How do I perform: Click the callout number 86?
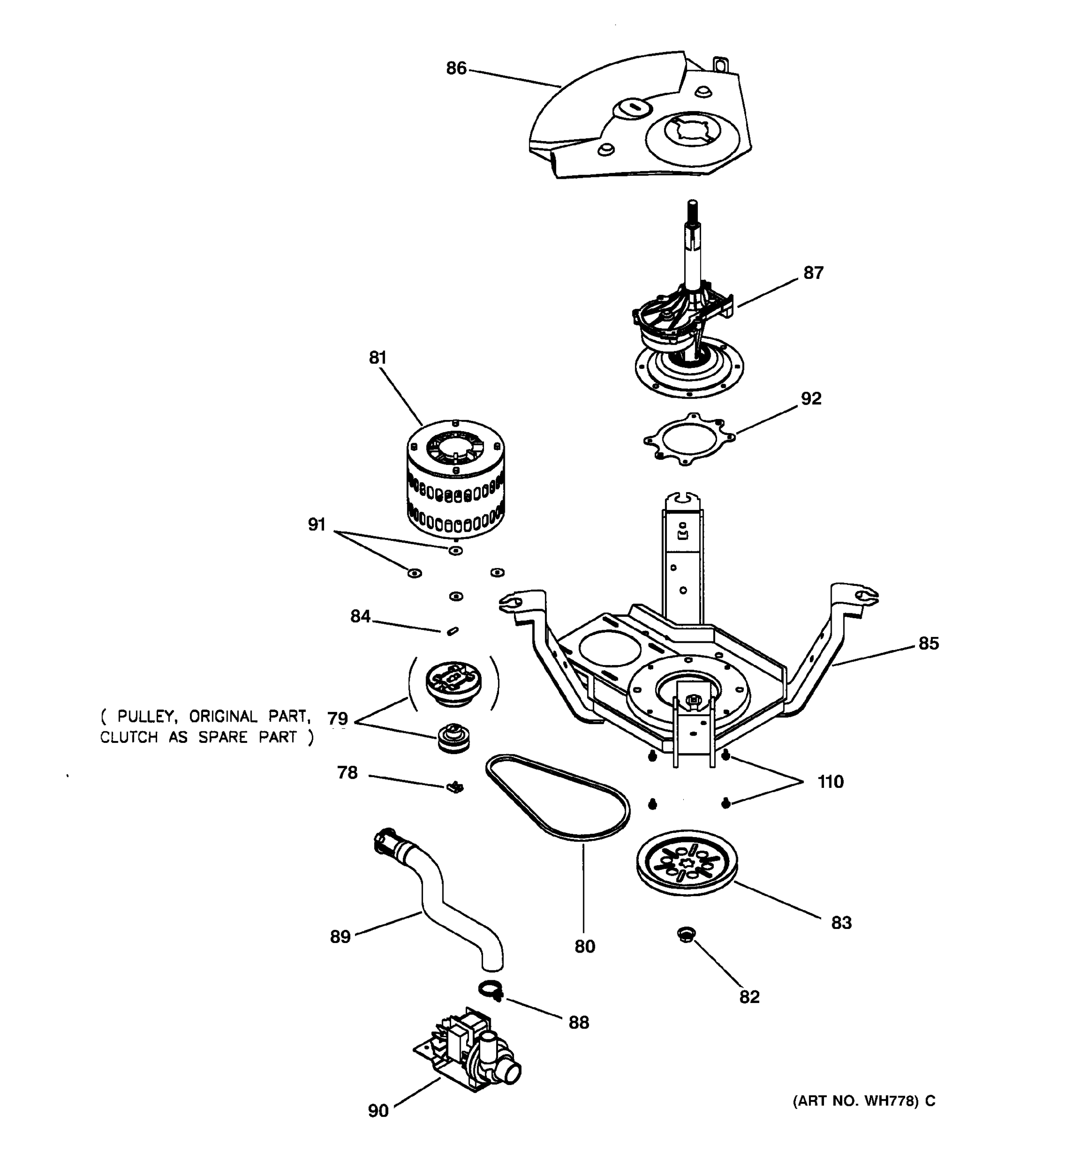(x=456, y=69)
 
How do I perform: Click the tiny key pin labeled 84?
(x=452, y=631)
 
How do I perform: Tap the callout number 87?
(x=813, y=273)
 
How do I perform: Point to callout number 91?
(x=316, y=524)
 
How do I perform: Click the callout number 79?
(x=338, y=718)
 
